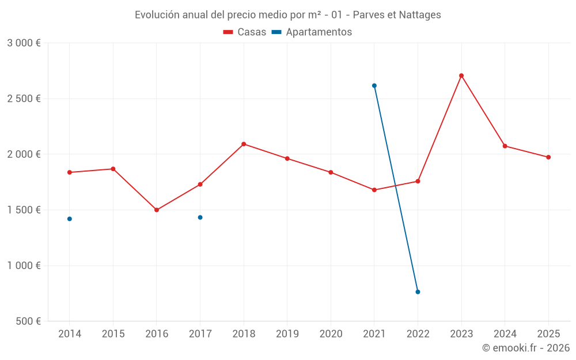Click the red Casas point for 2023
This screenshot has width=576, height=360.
(461, 75)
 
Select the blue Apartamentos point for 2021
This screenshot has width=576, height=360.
(374, 86)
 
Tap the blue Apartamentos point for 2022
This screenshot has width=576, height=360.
(418, 292)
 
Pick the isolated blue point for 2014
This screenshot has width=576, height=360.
(70, 219)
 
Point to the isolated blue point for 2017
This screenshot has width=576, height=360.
(200, 217)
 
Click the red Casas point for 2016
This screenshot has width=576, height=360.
(157, 210)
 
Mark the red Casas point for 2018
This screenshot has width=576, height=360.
(244, 144)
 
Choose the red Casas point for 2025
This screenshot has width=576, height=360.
(548, 157)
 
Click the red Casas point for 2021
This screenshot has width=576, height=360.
(374, 190)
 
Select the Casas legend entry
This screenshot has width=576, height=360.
(245, 32)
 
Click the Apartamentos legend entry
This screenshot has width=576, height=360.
(312, 32)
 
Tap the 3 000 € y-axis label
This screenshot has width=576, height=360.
(24, 43)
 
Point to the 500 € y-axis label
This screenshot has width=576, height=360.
(27, 321)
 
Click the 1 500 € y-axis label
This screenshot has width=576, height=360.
(24, 210)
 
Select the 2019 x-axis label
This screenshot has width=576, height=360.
(287, 334)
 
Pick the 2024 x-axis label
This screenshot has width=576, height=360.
(505, 334)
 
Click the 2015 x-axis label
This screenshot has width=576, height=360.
(113, 334)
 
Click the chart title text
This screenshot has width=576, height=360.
(287, 15)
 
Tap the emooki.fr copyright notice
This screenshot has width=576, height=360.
(525, 348)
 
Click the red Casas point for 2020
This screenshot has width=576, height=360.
(331, 172)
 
